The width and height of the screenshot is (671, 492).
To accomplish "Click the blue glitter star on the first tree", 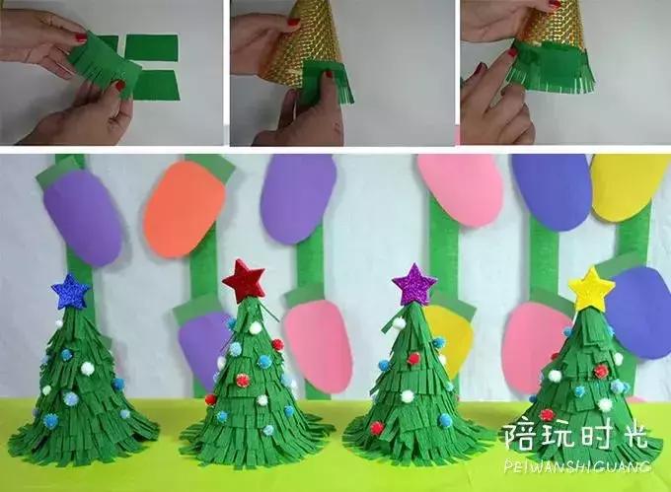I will click(x=70, y=291).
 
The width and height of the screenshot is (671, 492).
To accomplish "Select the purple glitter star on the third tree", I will click(x=414, y=285).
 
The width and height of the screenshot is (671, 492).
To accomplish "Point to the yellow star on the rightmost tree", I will click(x=591, y=289).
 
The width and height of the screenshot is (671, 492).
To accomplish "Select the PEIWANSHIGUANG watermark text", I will click(x=576, y=463).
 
